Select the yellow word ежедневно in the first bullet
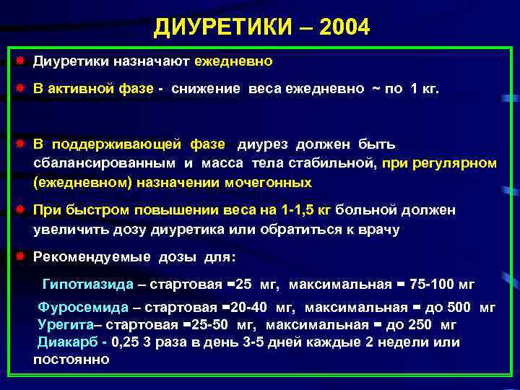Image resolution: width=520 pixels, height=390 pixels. coord(233,61)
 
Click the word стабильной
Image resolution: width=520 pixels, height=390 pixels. coord(337,164)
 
